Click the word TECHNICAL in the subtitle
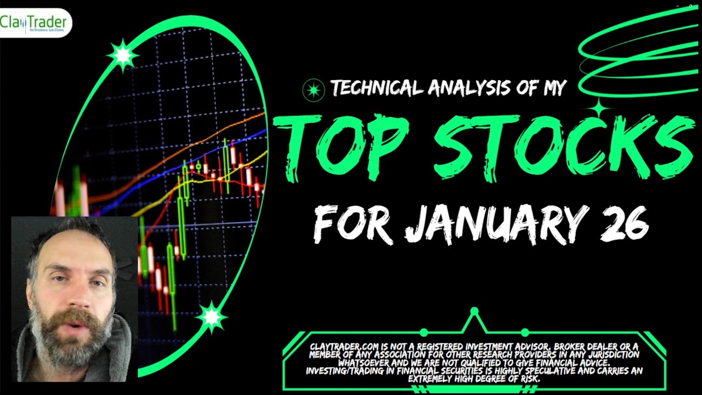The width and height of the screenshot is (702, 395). pyautogui.click(x=377, y=88)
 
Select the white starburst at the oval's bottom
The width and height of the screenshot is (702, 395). pyautogui.click(x=212, y=317)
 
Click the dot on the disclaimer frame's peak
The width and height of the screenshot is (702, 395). pyautogui.click(x=474, y=311)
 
